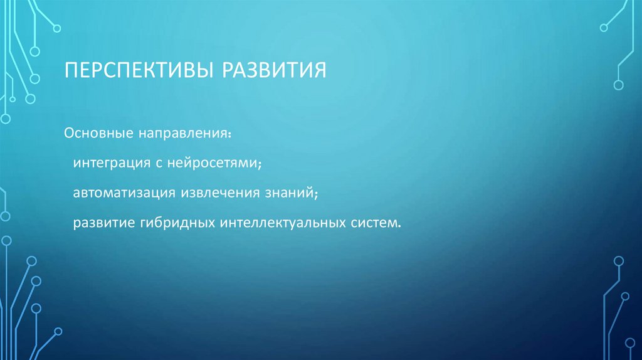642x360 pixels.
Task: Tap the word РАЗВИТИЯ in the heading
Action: tap(273, 69)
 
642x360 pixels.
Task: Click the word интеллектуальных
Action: tap(280, 223)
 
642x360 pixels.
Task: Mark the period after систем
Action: tap(397, 227)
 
